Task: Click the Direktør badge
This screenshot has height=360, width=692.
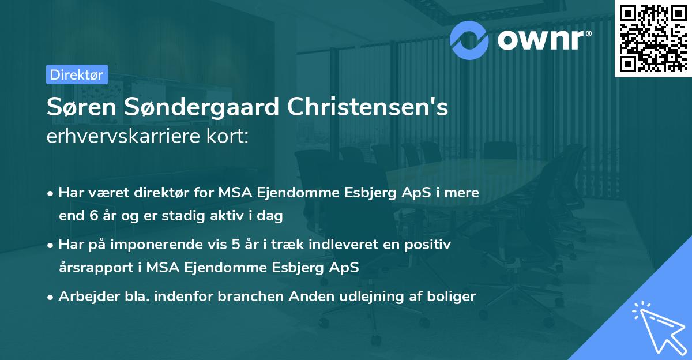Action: point(77,74)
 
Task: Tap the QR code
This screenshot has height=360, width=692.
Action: point(652,38)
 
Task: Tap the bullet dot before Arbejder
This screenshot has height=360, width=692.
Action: point(51,297)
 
